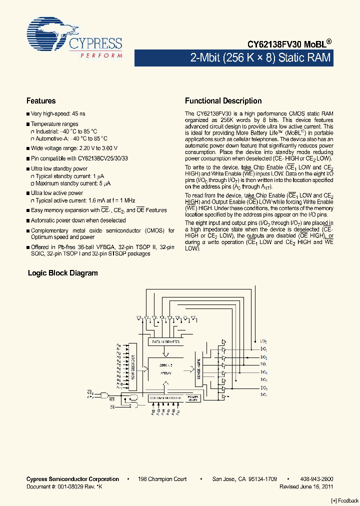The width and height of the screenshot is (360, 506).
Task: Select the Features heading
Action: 41,100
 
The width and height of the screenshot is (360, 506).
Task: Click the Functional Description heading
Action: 223,100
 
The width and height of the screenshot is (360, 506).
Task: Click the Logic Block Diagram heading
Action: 62,273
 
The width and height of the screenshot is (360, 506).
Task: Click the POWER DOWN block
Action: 193,398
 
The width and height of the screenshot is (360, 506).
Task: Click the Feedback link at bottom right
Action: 345,500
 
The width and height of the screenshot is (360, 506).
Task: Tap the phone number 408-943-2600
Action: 316,479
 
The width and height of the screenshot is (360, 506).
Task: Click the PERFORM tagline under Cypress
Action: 101,55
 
